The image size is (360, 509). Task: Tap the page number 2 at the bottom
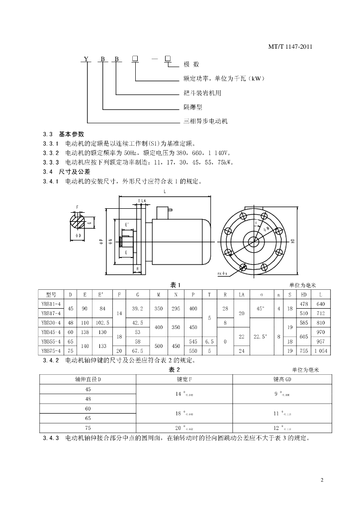click(x=322, y=480)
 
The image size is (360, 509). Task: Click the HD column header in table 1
click(x=304, y=294)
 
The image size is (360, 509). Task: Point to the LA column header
click(x=242, y=294)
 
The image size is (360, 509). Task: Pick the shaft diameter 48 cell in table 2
click(x=89, y=398)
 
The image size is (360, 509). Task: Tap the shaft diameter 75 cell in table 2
click(x=89, y=427)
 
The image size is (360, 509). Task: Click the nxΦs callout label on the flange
click(x=223, y=273)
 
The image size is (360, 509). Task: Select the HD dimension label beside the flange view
click(x=293, y=241)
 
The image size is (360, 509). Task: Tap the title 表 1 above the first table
click(x=175, y=285)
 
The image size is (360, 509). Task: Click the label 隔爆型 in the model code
click(x=193, y=106)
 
